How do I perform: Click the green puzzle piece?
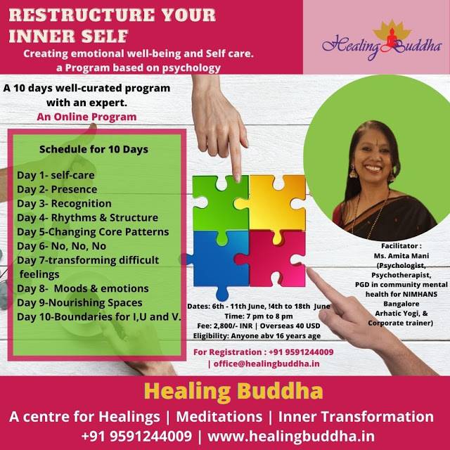[219, 200]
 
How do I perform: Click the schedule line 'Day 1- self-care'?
[56, 174]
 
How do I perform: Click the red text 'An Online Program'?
[87, 116]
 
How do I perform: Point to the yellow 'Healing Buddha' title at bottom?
[224, 392]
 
